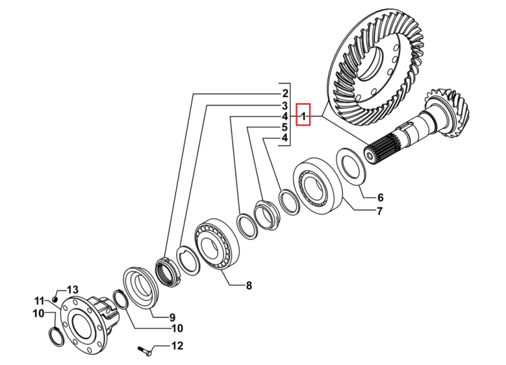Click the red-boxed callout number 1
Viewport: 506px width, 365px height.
(x=304, y=115)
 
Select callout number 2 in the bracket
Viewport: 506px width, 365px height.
(x=285, y=94)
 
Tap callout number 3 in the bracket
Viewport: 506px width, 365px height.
(x=285, y=105)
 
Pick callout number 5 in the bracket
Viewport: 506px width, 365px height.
(x=285, y=127)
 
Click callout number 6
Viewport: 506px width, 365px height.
(x=380, y=197)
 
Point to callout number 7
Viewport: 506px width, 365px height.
(x=379, y=211)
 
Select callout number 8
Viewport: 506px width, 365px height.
(x=249, y=285)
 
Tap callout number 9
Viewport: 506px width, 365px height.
(x=172, y=317)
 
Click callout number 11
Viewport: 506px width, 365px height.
(x=39, y=301)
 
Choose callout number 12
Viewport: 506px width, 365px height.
(x=177, y=345)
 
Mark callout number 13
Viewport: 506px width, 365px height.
(x=72, y=289)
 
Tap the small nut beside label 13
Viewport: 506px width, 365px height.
(x=55, y=299)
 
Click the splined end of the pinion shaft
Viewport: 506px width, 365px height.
(x=381, y=150)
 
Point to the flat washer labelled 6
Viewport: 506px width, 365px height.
(x=351, y=167)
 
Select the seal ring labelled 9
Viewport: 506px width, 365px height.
(x=140, y=287)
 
